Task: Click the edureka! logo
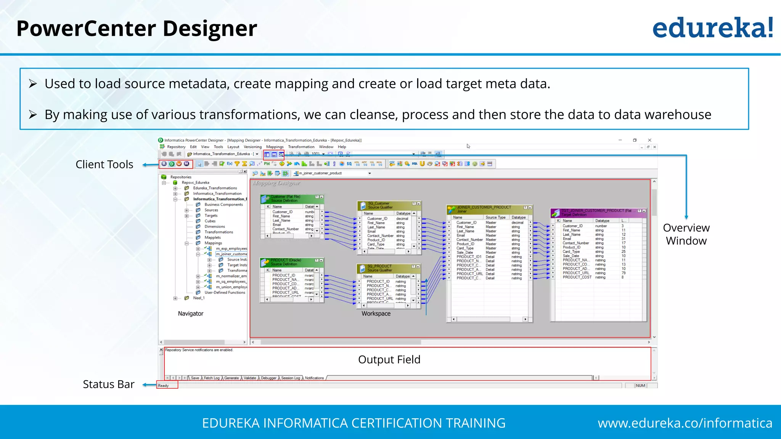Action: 712,28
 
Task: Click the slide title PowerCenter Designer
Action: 137,29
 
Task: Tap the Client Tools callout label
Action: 104,164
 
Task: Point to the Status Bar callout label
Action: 108,384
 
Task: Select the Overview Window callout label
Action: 686,234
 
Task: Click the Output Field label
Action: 389,359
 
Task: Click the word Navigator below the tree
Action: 190,313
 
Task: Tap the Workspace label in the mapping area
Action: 376,313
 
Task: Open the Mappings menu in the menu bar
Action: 275,147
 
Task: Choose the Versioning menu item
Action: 252,147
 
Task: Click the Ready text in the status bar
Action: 163,386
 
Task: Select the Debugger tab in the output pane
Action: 268,378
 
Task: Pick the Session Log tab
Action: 290,378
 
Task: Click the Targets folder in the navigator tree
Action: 211,215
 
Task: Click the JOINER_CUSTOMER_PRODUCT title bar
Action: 484,207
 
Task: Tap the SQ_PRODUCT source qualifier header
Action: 379,266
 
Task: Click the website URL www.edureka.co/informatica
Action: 685,423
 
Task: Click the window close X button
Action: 650,140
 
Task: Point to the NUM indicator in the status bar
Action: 640,386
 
